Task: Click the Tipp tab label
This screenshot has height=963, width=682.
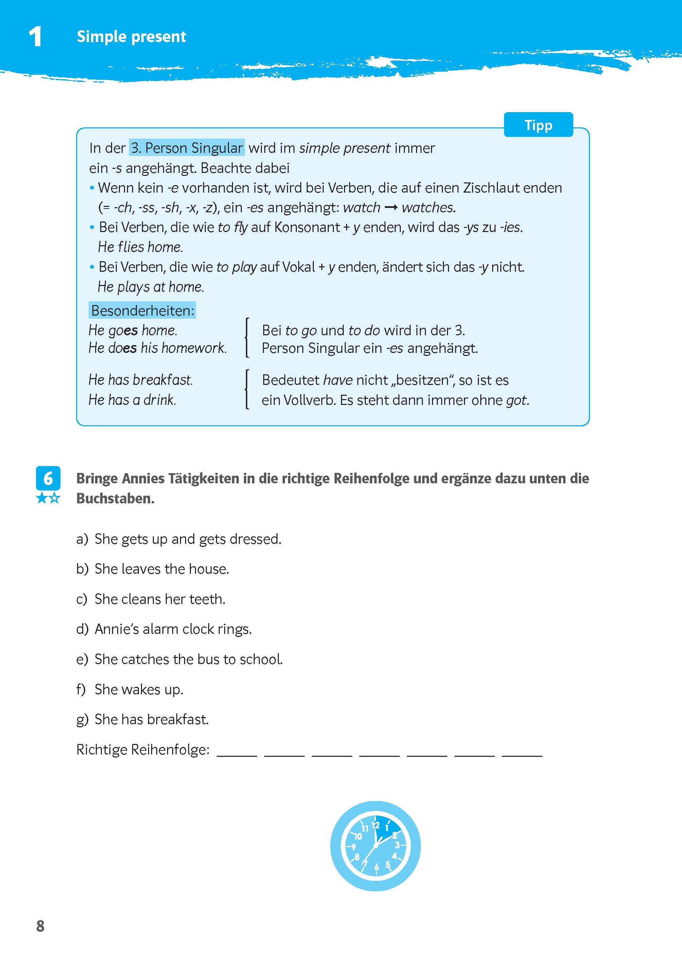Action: [538, 125]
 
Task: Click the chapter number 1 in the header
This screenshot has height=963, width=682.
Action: [35, 37]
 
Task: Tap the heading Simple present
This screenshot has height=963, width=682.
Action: [131, 37]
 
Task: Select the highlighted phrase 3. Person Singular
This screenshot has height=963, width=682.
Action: [186, 148]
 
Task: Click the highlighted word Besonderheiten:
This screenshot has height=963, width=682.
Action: [142, 310]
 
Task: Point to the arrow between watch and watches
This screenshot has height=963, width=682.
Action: [391, 208]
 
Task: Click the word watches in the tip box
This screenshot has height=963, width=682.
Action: [428, 208]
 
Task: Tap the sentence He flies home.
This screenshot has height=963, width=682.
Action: [140, 247]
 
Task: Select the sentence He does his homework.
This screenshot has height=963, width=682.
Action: [158, 348]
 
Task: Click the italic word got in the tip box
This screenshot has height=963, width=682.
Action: [517, 400]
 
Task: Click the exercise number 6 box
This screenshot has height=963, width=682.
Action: [48, 478]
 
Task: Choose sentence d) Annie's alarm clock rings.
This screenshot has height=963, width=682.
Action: [173, 629]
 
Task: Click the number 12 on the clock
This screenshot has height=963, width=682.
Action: [375, 825]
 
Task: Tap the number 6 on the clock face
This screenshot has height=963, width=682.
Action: [376, 867]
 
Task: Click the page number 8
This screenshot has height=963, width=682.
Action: [40, 926]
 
